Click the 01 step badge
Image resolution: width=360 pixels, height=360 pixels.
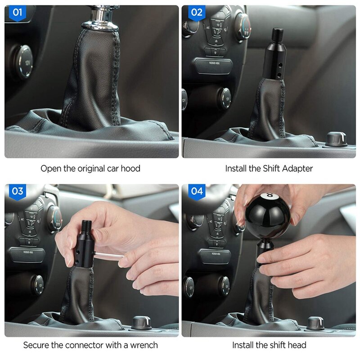pos(17,13)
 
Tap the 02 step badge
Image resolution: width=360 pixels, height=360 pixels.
pos(197,13)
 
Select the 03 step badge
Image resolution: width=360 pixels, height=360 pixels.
pos(17,191)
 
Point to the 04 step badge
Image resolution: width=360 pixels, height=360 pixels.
pos(197,191)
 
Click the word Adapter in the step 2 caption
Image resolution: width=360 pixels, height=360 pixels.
pos(297,169)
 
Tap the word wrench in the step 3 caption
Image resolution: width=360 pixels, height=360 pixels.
pos(144,346)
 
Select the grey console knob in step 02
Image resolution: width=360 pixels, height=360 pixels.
pos(336,139)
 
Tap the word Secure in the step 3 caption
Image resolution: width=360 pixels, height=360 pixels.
pos(37,346)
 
